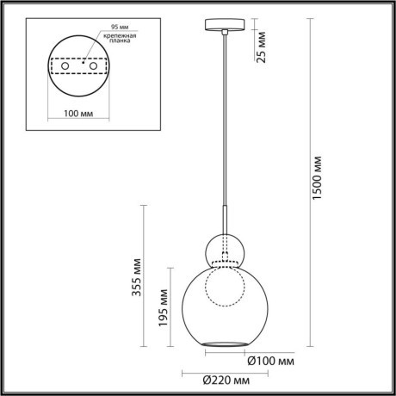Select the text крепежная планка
tap(113, 43)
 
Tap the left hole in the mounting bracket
tap(64, 65)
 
